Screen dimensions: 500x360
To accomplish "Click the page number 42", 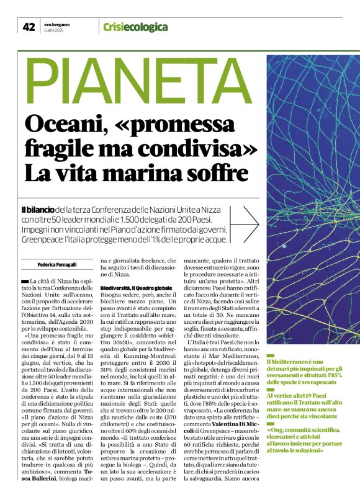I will [29, 27].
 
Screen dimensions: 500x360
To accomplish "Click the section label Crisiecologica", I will [135, 27].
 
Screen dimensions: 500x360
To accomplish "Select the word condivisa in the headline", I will [198, 148].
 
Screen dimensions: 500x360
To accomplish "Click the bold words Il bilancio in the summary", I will [42, 210].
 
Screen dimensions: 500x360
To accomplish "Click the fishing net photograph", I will [312, 199].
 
